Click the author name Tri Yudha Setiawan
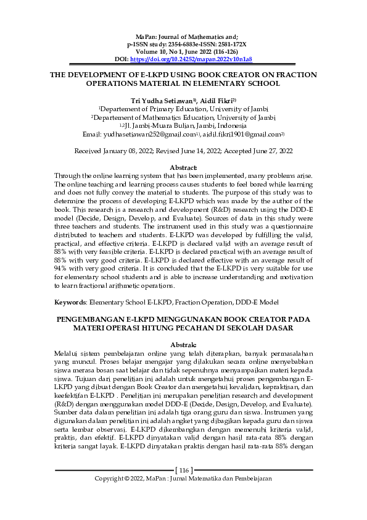click(159, 98)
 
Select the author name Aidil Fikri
click(214, 98)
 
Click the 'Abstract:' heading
click(183, 167)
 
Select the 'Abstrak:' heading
click(183, 344)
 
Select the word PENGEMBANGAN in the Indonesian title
click(88, 319)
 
